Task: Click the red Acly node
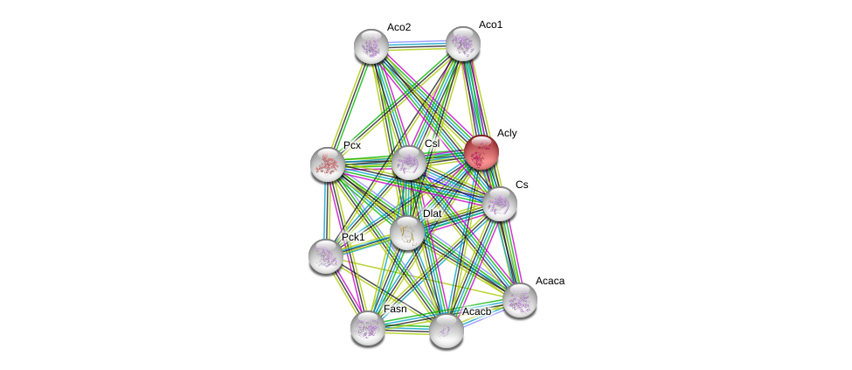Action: click(x=481, y=152)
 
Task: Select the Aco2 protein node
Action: click(x=371, y=46)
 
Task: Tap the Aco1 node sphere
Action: click(x=463, y=44)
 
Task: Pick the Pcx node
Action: click(x=328, y=164)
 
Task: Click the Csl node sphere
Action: click(x=408, y=164)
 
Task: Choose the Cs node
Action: click(x=500, y=204)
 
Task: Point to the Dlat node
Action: click(x=407, y=233)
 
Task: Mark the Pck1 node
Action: click(x=326, y=256)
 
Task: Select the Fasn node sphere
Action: click(x=368, y=328)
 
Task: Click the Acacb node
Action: click(x=447, y=331)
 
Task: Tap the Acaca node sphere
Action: click(x=520, y=300)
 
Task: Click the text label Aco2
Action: click(x=398, y=27)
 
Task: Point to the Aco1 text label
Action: click(x=490, y=24)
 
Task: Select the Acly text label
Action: click(x=507, y=133)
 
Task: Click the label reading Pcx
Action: click(x=352, y=145)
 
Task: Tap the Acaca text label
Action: click(x=550, y=281)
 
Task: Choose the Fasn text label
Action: click(x=395, y=309)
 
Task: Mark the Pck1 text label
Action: click(x=353, y=237)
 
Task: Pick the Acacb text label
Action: click(x=476, y=311)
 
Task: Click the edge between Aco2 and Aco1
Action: click(x=417, y=43)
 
